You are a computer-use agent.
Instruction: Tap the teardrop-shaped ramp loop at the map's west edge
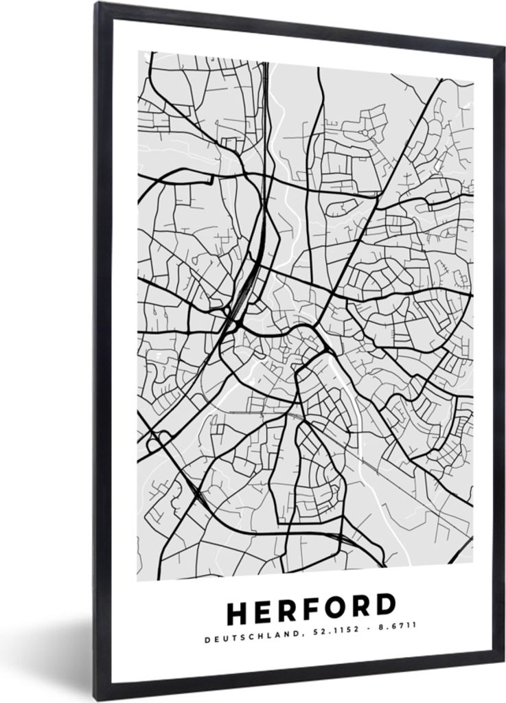(x=156, y=439)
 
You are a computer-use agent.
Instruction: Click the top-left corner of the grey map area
(x=138, y=51)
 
